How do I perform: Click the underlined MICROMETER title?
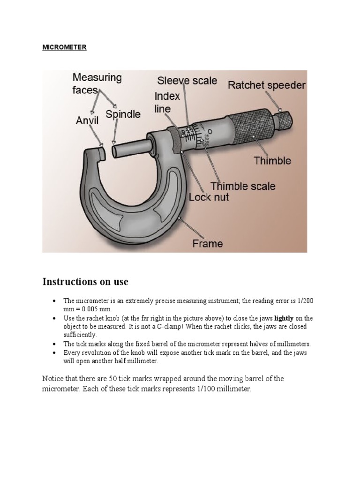(x=64, y=47)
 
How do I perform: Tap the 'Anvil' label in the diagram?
(x=88, y=121)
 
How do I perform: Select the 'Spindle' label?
(x=123, y=114)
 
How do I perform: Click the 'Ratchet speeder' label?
(x=266, y=85)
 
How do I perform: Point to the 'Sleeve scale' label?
(x=187, y=81)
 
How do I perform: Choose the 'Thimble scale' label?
(x=243, y=186)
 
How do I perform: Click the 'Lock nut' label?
(x=209, y=197)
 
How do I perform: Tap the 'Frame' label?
(x=208, y=243)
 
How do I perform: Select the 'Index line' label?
(x=167, y=103)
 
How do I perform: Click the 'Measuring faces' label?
(x=97, y=83)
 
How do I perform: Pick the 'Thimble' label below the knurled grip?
(x=272, y=161)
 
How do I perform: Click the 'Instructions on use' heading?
(x=85, y=282)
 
